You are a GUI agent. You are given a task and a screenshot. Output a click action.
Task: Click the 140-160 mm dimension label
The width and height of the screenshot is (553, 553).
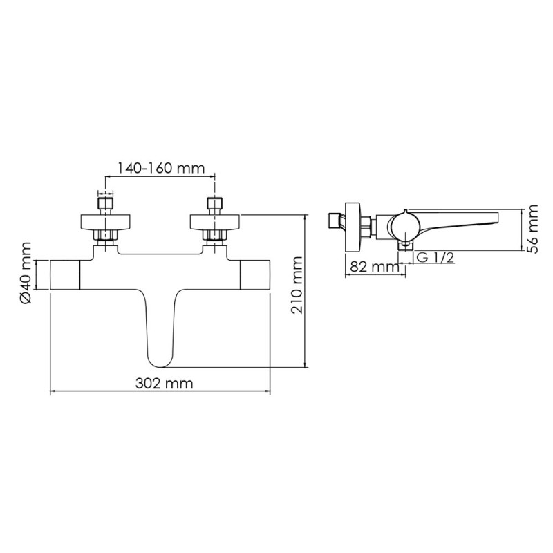click(x=161, y=168)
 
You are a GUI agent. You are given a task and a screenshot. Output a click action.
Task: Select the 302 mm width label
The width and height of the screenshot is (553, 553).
click(x=165, y=383)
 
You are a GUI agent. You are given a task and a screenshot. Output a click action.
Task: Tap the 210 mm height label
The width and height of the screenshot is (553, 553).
click(x=297, y=285)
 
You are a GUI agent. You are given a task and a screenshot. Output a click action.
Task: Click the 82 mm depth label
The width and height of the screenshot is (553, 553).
click(x=375, y=267)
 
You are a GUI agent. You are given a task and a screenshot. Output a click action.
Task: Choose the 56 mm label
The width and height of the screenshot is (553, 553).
click(x=532, y=229)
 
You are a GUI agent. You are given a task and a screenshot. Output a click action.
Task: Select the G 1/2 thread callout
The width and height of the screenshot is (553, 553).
click(x=435, y=257)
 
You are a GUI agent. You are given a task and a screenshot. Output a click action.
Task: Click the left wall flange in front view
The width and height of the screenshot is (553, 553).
click(x=106, y=222)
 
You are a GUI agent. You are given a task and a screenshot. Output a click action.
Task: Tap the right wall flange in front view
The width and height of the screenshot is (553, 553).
click(x=215, y=222)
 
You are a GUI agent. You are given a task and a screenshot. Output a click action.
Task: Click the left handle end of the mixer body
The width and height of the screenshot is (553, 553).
click(x=66, y=275)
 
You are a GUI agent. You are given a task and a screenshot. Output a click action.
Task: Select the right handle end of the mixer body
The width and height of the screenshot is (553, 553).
click(x=255, y=275)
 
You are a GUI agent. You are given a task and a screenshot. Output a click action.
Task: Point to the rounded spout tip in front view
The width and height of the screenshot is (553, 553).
click(x=160, y=360)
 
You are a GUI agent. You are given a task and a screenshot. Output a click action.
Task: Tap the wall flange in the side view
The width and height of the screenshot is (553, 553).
click(x=353, y=227)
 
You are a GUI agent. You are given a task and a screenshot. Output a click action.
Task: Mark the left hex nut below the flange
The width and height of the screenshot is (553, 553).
click(x=106, y=236)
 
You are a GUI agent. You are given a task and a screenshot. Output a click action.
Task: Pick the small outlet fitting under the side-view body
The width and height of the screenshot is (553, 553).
click(x=406, y=246)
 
